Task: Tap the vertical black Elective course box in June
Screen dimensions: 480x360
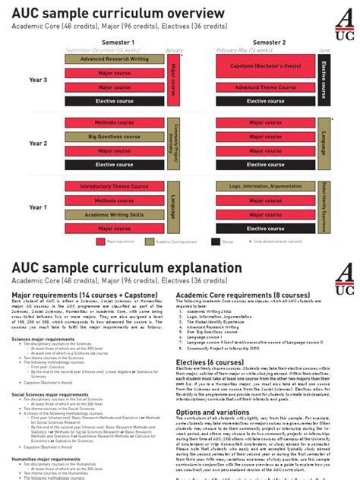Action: click(324, 80)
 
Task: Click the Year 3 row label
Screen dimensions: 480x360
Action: click(38, 81)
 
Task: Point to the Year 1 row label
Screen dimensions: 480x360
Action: click(38, 207)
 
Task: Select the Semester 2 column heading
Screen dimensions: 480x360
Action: click(270, 42)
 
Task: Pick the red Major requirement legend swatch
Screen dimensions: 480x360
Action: click(100, 242)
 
